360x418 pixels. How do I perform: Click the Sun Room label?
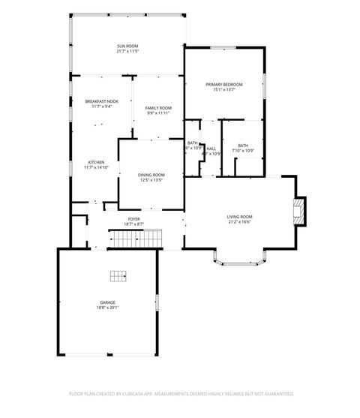point(127,47)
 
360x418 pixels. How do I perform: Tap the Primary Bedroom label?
point(224,84)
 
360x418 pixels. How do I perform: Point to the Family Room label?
point(158,108)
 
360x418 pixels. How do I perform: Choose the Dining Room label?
point(151,175)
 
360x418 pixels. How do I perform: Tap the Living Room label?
point(239,217)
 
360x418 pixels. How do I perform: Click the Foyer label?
point(133,219)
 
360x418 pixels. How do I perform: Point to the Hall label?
point(211,149)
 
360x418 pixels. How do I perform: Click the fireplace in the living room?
point(298,211)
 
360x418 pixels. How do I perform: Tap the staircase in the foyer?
point(136,239)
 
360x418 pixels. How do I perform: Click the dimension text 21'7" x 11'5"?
point(127,52)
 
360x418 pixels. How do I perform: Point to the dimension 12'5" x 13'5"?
point(151,180)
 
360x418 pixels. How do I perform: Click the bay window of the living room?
point(239,260)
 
